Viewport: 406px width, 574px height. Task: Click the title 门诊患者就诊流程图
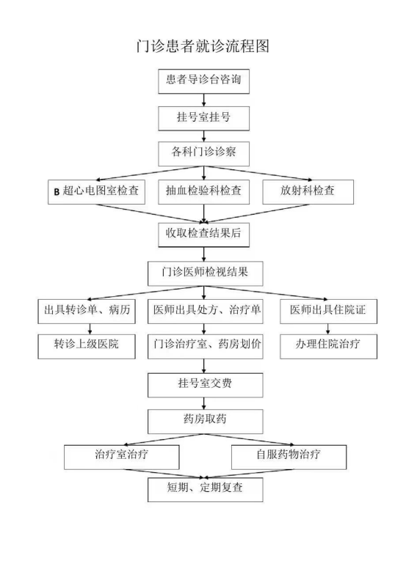point(203,46)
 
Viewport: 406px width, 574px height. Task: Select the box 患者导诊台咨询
point(204,81)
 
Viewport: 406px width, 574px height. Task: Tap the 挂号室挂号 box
point(204,118)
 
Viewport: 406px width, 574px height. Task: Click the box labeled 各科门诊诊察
point(204,154)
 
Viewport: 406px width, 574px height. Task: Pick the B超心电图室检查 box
point(96,192)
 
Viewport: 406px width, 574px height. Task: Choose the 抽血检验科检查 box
point(204,192)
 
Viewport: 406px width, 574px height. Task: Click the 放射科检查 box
point(308,192)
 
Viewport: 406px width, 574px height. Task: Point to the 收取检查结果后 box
point(204,235)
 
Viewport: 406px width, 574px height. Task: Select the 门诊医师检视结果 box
point(206,273)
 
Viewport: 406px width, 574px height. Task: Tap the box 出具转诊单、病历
point(87,312)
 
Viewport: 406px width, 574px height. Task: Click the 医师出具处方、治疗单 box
point(206,312)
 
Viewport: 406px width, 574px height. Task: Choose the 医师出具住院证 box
point(329,312)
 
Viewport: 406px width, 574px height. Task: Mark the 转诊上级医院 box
point(87,346)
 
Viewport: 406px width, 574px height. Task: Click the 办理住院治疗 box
point(329,346)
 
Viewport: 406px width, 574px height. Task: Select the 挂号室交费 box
point(206,385)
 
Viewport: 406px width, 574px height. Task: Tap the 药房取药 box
point(206,422)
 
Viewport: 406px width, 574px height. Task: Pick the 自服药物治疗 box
point(289,457)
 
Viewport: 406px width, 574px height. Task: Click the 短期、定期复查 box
point(206,490)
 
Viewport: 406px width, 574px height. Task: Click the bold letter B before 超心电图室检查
point(57,192)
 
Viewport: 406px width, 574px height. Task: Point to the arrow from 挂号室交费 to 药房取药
point(204,403)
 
